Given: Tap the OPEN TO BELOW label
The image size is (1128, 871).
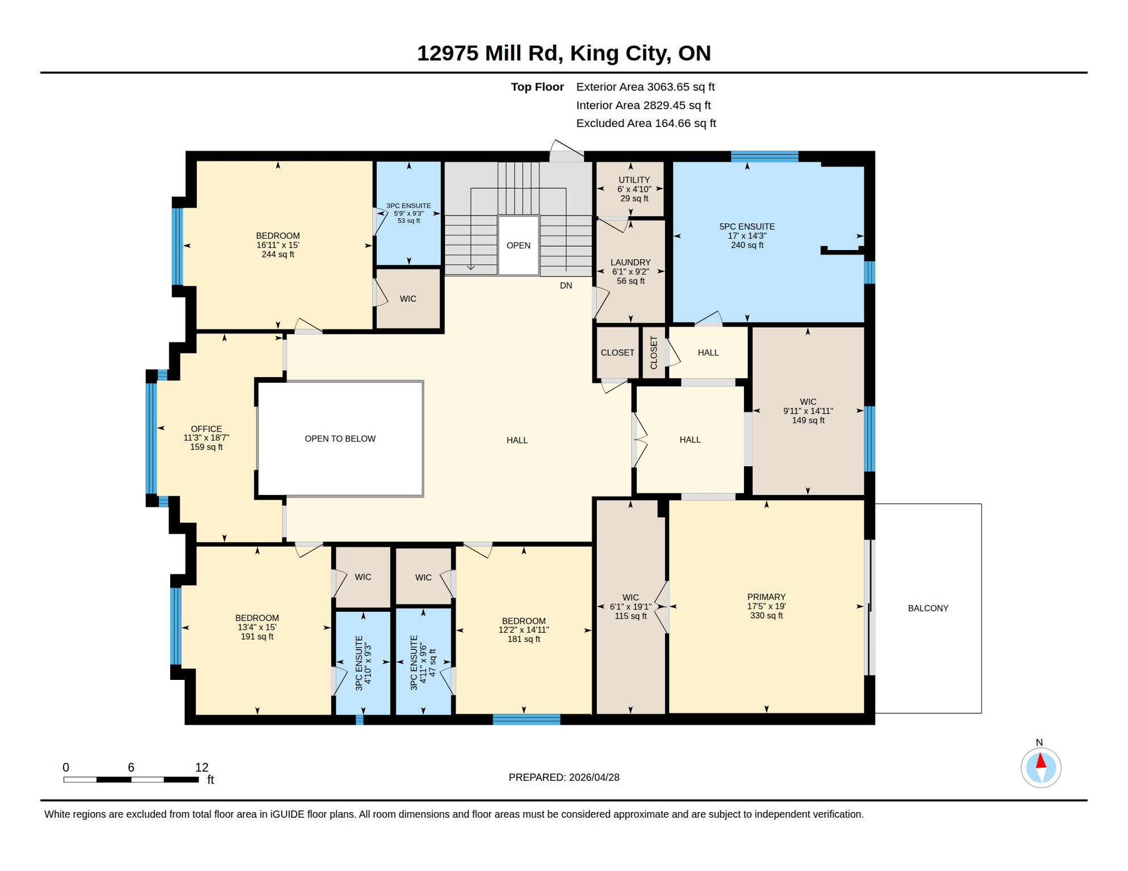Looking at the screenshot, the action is pos(340,439).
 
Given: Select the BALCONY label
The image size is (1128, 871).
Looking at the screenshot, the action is pos(928,608).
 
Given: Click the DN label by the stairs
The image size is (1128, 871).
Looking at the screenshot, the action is pos(566,286).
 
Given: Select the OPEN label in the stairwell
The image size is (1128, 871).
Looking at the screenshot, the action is pos(518,246).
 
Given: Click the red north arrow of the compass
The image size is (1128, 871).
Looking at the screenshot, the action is pos(1041,761).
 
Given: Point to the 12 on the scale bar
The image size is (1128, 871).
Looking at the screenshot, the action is pos(201,768).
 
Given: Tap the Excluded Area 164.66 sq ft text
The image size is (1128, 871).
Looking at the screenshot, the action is pos(646,124).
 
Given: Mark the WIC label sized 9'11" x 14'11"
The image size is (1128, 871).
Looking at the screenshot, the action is pos(808,411).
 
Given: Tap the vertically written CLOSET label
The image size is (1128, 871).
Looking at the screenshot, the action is pos(654,353).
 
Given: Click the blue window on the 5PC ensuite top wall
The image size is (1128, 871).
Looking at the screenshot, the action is pos(764,157).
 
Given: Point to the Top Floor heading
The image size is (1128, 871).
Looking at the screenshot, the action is pos(537,87).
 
